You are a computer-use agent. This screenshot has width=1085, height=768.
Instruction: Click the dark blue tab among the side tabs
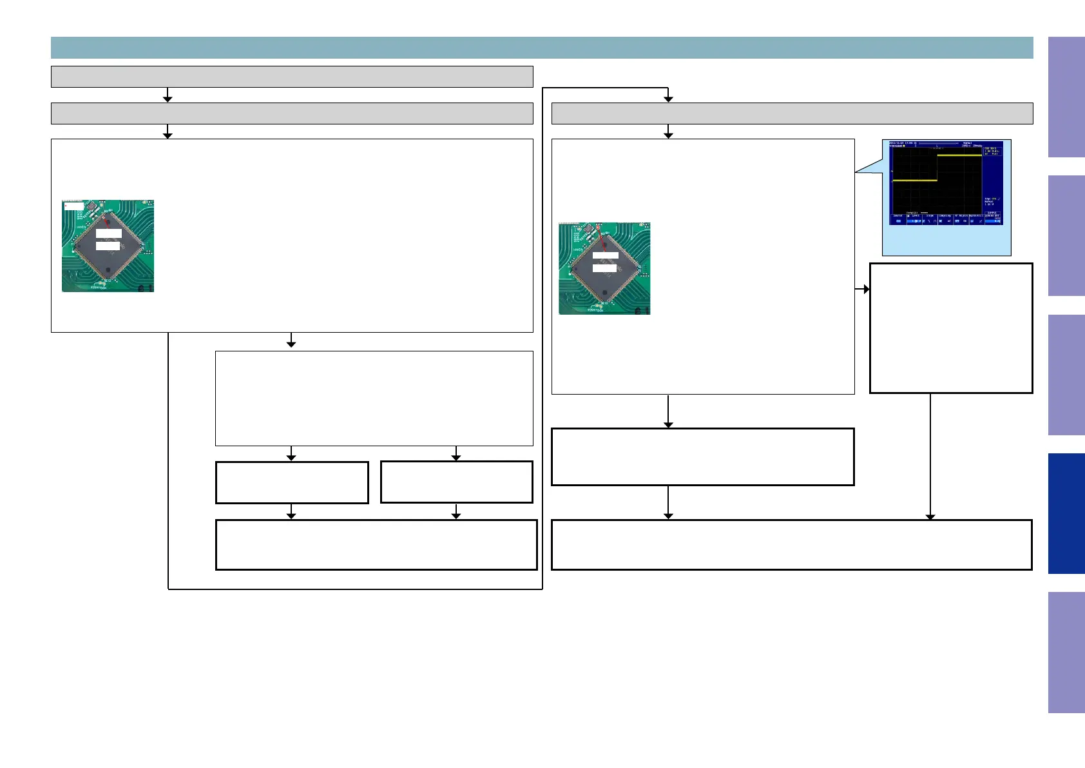[1066, 513]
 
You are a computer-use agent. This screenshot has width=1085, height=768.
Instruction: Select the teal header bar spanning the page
[541, 48]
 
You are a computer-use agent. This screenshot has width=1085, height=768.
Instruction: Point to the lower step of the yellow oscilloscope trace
[914, 181]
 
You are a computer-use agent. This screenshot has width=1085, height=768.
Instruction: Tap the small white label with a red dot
[73, 206]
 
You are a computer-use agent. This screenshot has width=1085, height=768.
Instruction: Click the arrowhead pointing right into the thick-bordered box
[866, 289]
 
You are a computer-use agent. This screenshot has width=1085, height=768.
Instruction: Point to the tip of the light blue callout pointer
[856, 172]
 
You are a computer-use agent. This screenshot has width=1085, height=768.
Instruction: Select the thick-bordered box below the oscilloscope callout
[951, 328]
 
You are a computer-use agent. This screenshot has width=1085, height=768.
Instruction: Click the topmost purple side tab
[1066, 97]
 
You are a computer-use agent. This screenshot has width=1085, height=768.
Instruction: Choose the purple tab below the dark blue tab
[1066, 652]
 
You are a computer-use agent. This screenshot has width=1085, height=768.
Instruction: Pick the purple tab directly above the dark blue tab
[1066, 375]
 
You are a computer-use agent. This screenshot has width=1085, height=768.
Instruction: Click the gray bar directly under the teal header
[292, 76]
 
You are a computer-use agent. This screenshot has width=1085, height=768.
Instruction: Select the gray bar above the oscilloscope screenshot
[792, 113]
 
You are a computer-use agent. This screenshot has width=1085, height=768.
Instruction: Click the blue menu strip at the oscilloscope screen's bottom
[946, 219]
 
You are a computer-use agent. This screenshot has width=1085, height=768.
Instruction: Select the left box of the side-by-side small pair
[292, 482]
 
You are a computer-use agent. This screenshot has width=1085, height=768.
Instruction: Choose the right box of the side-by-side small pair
[456, 482]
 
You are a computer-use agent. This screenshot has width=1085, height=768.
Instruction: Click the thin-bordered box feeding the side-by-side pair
[374, 398]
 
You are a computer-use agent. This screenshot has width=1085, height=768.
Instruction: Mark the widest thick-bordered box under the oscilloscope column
[792, 545]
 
